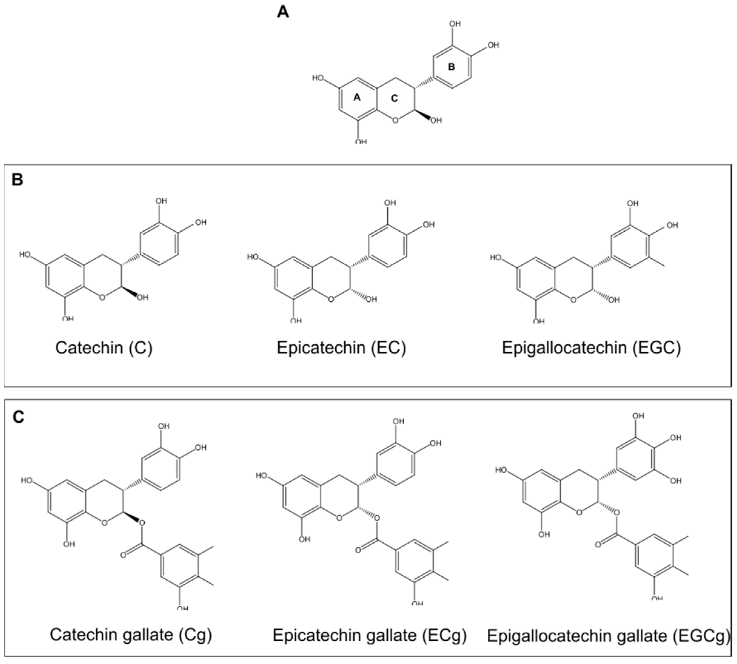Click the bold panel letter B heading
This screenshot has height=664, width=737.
click(x=17, y=180)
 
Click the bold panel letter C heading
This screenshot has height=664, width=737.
click(x=18, y=417)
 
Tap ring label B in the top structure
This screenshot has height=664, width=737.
click(x=451, y=67)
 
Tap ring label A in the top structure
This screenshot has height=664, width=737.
click(x=357, y=97)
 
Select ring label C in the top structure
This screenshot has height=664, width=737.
click(x=394, y=98)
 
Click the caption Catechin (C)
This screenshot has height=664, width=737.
click(x=104, y=348)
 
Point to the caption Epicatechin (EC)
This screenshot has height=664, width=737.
click(x=341, y=348)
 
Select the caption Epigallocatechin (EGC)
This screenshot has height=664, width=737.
click(x=591, y=348)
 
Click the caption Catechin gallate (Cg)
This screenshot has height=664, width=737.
click(x=131, y=635)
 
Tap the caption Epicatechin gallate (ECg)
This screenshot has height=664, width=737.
click(x=369, y=635)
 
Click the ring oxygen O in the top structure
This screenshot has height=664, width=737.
click(x=395, y=120)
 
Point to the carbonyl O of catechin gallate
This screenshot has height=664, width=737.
click(x=123, y=555)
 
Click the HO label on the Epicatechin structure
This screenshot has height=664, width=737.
click(x=253, y=257)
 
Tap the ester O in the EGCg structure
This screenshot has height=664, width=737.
click(x=616, y=513)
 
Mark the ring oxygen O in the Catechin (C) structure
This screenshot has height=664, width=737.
click(x=102, y=297)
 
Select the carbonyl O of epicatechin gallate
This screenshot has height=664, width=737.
click(x=358, y=550)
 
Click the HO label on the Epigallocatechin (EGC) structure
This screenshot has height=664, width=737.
click(x=496, y=258)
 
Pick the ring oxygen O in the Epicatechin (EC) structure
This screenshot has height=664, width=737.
click(x=330, y=299)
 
